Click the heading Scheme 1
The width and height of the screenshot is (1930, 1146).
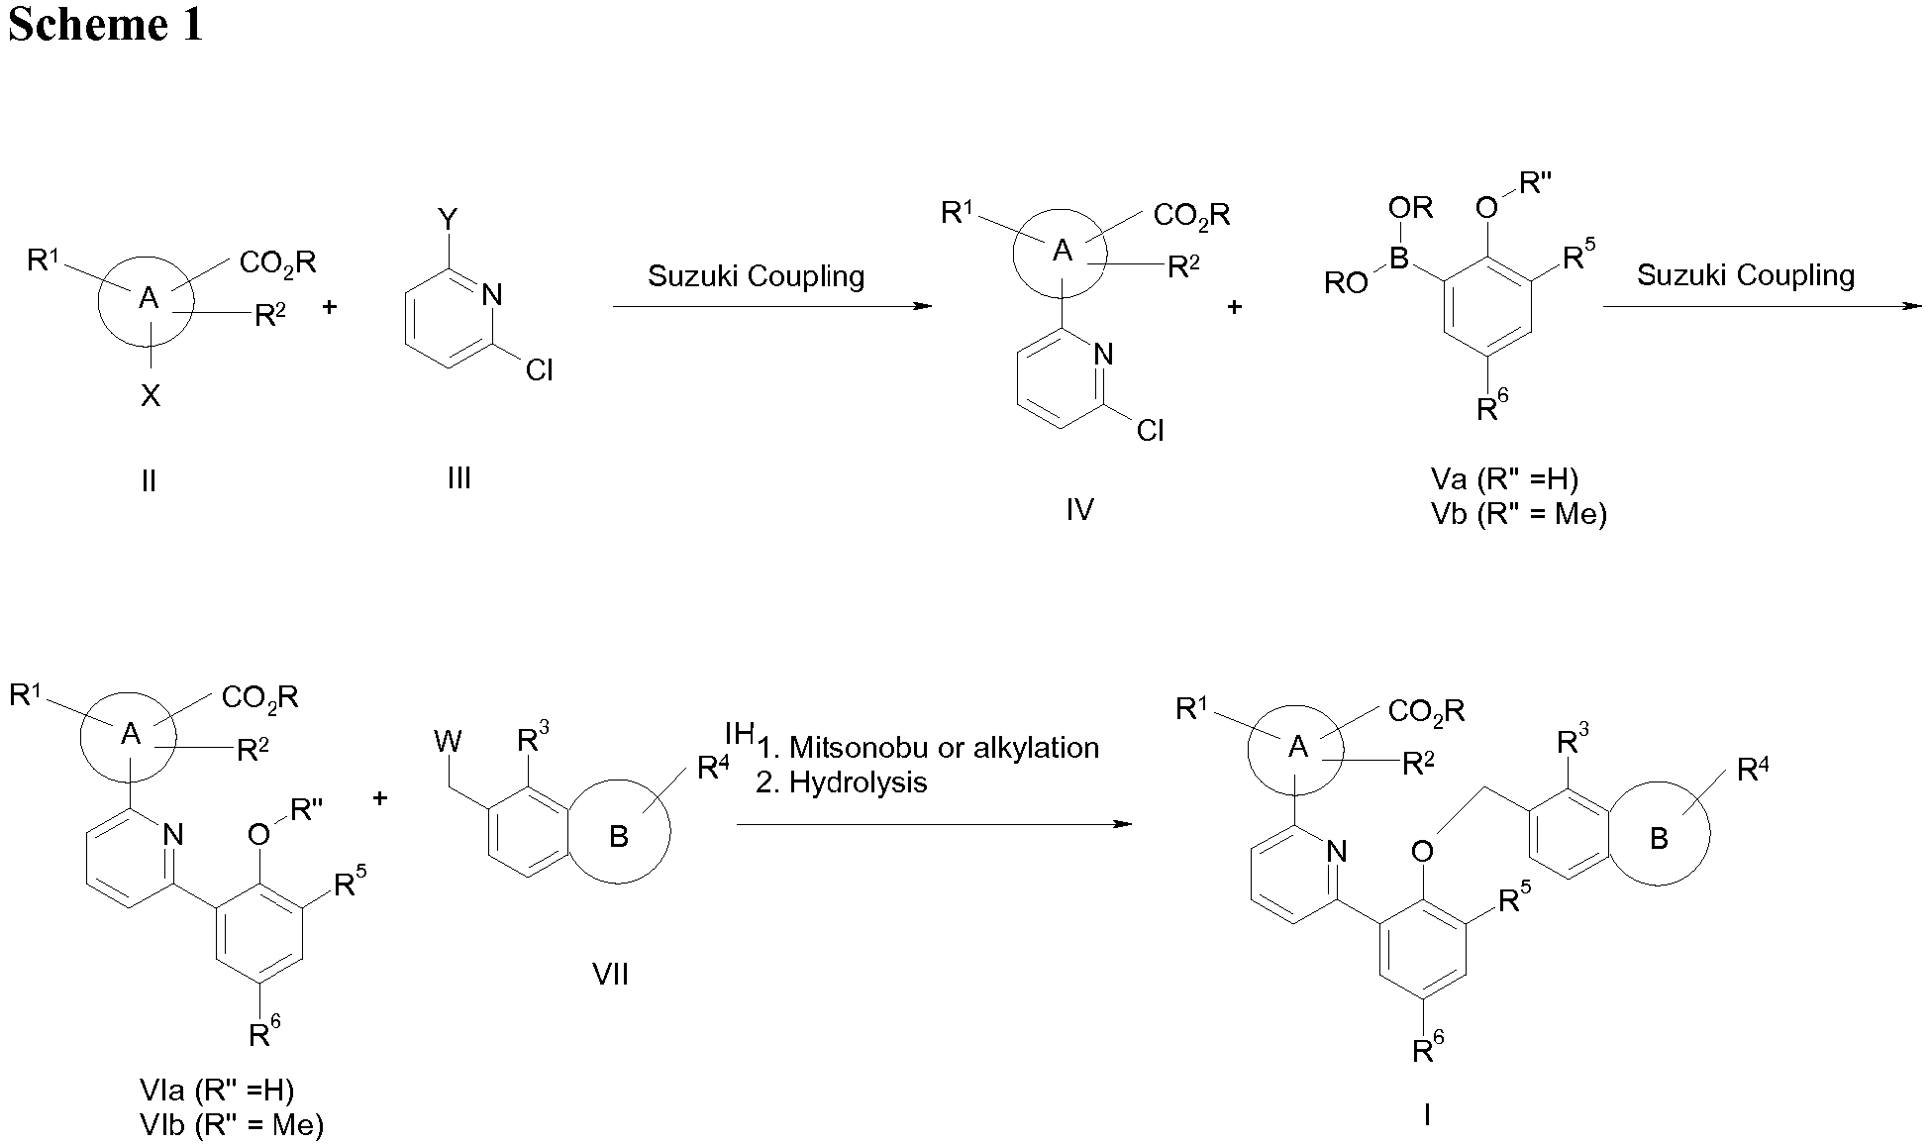pyautogui.click(x=105, y=24)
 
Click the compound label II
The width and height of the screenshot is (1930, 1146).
pyautogui.click(x=149, y=482)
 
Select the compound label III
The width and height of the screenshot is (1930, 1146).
pyautogui.click(x=458, y=479)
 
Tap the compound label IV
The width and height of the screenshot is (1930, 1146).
pyautogui.click(x=1079, y=510)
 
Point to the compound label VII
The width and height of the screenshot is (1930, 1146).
pyautogui.click(x=610, y=976)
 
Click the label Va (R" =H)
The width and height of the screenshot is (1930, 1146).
pyautogui.click(x=1504, y=479)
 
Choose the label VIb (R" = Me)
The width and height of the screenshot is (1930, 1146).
pyautogui.click(x=233, y=1125)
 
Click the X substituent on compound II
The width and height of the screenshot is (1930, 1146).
pyautogui.click(x=150, y=397)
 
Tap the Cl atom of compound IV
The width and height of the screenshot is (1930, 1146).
pyautogui.click(x=1150, y=431)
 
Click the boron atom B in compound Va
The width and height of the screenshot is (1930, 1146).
pyautogui.click(x=1398, y=260)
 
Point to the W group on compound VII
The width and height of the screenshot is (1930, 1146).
pyautogui.click(x=448, y=741)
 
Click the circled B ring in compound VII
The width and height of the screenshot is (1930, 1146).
pyautogui.click(x=618, y=837)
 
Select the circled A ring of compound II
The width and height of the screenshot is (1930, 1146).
pyautogui.click(x=148, y=298)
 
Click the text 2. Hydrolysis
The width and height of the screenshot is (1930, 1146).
pyautogui.click(x=841, y=782)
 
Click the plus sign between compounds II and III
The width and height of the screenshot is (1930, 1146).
pyautogui.click(x=330, y=307)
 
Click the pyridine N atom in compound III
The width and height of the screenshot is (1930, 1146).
pyautogui.click(x=492, y=294)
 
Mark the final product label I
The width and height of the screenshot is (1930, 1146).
pyautogui.click(x=1426, y=1116)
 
